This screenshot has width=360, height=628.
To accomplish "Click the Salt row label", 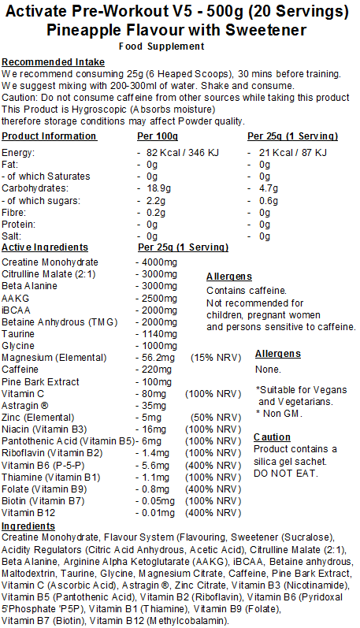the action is (x=12, y=236).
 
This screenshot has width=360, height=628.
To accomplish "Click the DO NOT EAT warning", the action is (x=286, y=473).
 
